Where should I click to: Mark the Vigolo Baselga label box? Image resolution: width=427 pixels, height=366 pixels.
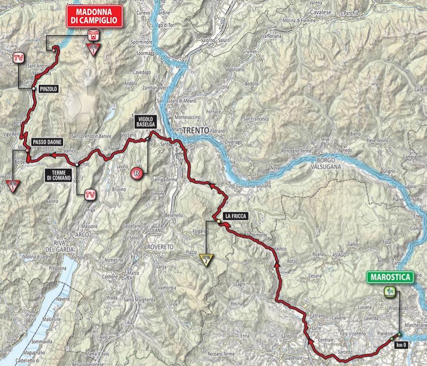pyautogui.click(x=145, y=120)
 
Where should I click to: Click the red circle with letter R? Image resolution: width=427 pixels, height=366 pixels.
pyautogui.click(x=136, y=173)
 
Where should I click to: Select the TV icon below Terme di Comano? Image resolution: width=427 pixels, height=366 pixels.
pyautogui.click(x=89, y=194)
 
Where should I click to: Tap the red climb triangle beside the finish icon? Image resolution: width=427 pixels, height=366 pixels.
pyautogui.click(x=93, y=48)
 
